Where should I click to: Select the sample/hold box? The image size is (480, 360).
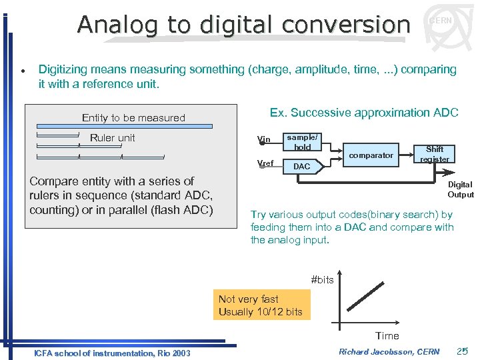(x=303, y=142)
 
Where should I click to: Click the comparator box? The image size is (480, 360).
(x=371, y=155)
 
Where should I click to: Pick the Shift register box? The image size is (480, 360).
(x=434, y=154)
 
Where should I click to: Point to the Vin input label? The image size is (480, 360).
(x=264, y=140)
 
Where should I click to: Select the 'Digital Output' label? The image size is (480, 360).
(x=460, y=189)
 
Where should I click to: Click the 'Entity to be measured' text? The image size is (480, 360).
(x=133, y=118)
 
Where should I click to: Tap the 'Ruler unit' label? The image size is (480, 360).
(x=112, y=138)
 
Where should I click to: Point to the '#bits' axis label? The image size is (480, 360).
(x=323, y=279)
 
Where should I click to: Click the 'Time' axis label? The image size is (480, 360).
(x=387, y=336)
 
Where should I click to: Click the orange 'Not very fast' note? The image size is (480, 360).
(x=261, y=305)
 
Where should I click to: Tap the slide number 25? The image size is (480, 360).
(x=463, y=351)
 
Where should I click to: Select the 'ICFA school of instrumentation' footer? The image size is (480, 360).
(x=112, y=353)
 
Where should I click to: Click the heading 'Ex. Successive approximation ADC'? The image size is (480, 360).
(x=363, y=113)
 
